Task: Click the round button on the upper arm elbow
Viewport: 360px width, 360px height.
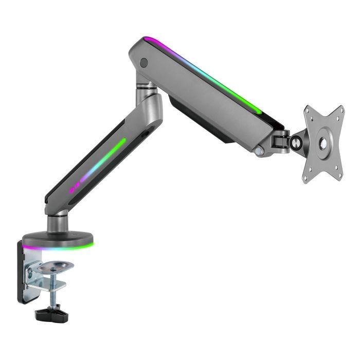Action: pos(144,63)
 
